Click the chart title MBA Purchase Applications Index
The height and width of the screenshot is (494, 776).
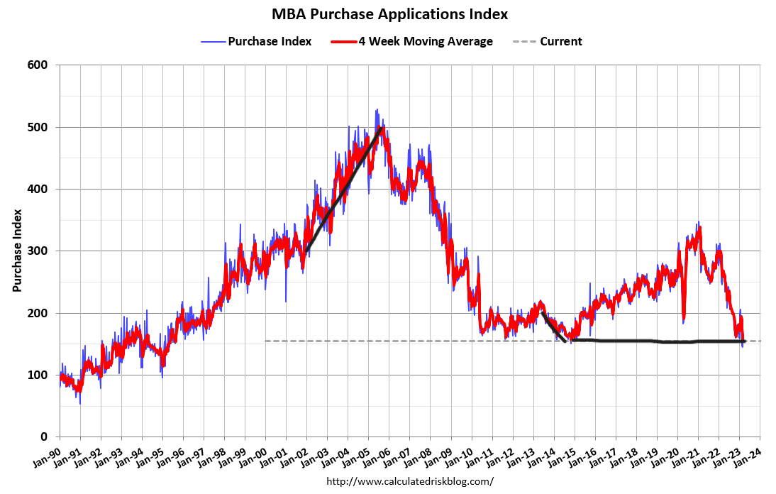(x=390, y=14)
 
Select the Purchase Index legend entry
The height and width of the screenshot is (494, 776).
(x=269, y=41)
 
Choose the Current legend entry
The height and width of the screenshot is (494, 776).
(x=560, y=41)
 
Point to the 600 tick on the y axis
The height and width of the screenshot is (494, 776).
(x=38, y=65)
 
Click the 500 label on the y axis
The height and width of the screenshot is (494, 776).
(x=38, y=127)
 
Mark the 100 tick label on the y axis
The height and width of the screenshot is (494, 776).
(x=38, y=375)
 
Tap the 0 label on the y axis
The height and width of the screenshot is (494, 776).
(x=44, y=437)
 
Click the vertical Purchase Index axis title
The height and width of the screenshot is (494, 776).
(x=18, y=251)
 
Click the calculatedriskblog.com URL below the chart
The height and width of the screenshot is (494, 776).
(x=409, y=481)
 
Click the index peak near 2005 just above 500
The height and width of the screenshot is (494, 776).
(x=377, y=111)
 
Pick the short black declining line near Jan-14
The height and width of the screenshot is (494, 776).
(x=553, y=327)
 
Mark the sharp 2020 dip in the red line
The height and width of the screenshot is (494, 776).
(x=683, y=319)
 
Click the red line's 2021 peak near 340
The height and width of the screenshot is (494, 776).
(x=699, y=229)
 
